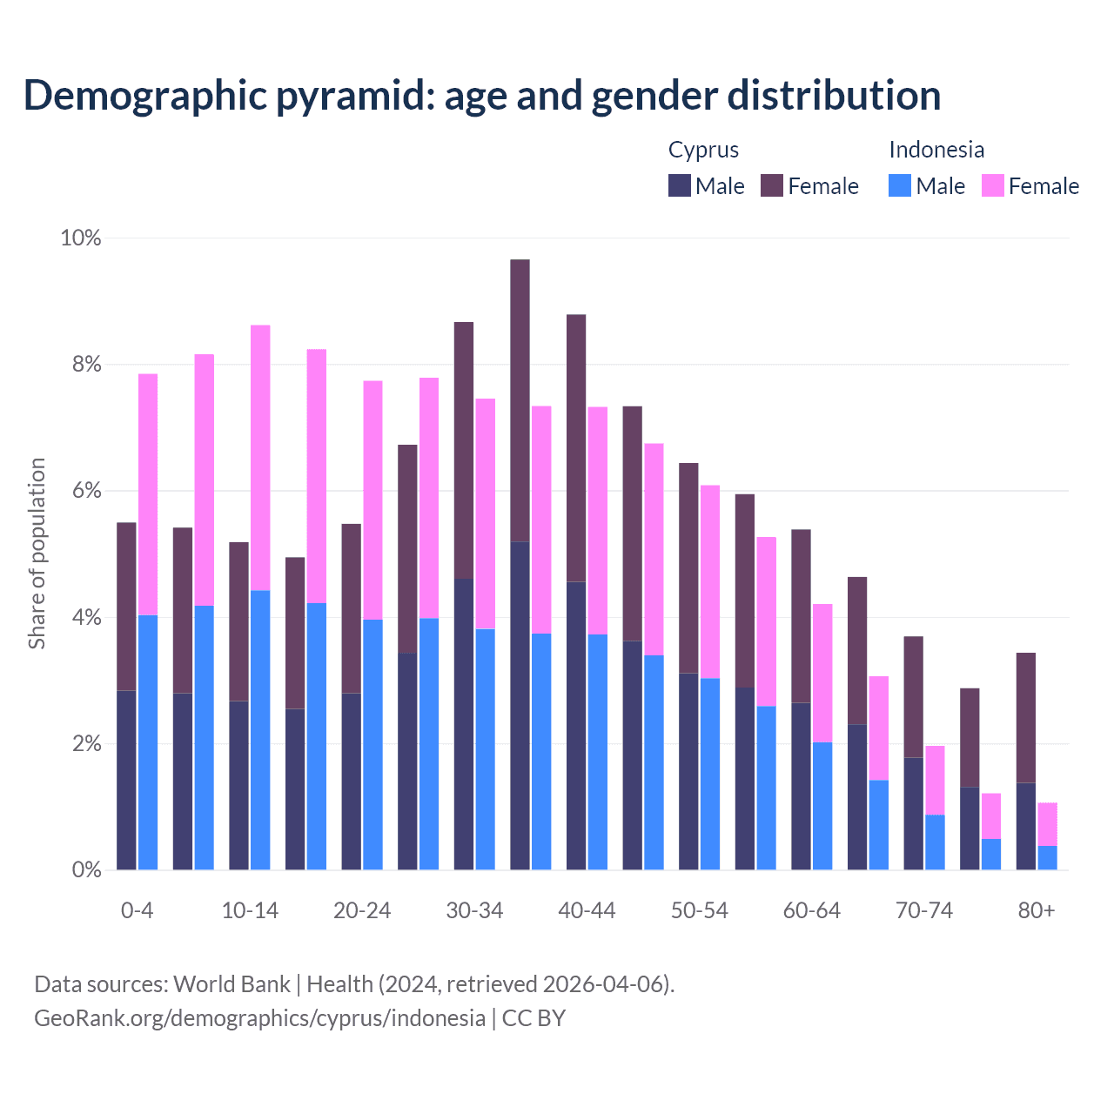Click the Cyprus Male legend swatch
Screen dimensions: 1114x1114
[x=680, y=185]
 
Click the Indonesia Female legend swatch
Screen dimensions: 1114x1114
[x=993, y=185]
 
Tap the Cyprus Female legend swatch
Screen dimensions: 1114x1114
[x=772, y=185]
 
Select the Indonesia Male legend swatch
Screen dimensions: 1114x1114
[x=900, y=185]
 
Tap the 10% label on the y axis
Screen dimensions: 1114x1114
[x=81, y=238]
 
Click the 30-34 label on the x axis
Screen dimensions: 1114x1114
[x=474, y=910]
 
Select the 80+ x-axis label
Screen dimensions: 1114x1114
[x=1037, y=910]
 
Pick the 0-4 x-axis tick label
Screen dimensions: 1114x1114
[x=138, y=910]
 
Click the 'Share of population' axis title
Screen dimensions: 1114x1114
[x=37, y=554]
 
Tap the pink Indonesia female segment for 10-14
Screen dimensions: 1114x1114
[x=260, y=457]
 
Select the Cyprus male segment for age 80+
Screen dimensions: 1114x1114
[x=1026, y=826]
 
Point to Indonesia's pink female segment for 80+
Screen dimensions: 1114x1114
[x=1047, y=823]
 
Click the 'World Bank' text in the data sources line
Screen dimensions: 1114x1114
[x=232, y=983]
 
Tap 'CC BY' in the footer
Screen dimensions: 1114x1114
[x=534, y=1017]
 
